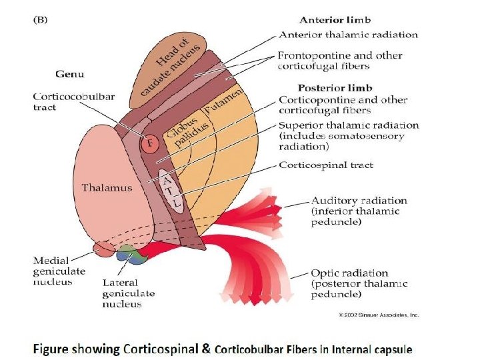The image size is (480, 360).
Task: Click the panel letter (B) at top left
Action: click(42, 19)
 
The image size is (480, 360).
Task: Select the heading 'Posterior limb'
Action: click(335, 87)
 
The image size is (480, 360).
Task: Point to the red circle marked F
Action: click(150, 142)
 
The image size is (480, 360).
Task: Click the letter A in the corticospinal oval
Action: click(167, 179)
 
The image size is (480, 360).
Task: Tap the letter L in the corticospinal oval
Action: click(174, 199)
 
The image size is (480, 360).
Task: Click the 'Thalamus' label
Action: click(107, 187)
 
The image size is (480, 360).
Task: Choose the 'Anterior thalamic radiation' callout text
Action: click(348, 35)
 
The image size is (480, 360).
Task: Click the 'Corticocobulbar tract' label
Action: click(73, 101)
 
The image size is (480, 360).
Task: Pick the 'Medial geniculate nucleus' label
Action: click(59, 271)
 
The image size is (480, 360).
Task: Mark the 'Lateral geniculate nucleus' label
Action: click(128, 293)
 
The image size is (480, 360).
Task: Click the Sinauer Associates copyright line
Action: click(378, 314)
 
